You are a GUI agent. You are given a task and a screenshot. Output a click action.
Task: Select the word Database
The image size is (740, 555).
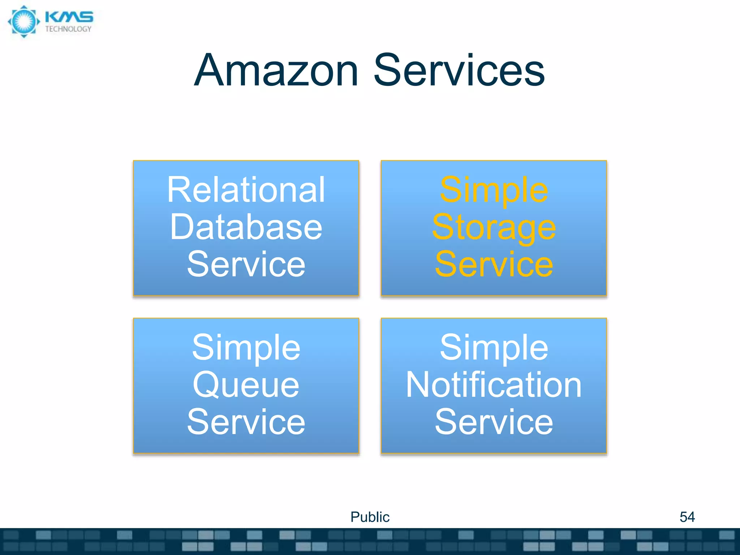pos(246,227)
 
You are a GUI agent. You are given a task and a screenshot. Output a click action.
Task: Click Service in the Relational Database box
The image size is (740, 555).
pos(246,264)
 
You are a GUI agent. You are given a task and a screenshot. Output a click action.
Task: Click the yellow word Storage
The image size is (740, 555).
pos(494,227)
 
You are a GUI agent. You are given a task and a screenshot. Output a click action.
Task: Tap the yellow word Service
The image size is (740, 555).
pos(494,264)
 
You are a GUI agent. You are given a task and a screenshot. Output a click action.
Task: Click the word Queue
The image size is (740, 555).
pos(246,385)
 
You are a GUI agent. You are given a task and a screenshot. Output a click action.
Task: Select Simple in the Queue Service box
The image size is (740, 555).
pos(246,348)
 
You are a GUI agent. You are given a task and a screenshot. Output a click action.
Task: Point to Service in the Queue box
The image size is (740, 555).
pos(246,422)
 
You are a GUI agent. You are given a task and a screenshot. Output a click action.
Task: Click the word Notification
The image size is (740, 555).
pos(494,385)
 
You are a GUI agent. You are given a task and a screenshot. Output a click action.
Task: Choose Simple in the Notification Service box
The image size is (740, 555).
pos(494,348)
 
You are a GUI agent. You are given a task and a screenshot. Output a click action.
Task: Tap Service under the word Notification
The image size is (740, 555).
pos(494,422)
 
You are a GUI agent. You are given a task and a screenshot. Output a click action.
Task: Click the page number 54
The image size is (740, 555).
pos(687,517)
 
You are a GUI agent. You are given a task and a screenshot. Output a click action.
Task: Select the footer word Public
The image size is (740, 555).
pos(370,517)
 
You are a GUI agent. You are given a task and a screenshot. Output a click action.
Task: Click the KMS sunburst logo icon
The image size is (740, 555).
pos(24,21)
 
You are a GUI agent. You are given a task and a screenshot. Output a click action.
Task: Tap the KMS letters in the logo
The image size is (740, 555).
pos(69,17)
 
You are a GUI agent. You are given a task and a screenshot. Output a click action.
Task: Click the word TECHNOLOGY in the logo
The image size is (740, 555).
pos(68,29)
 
